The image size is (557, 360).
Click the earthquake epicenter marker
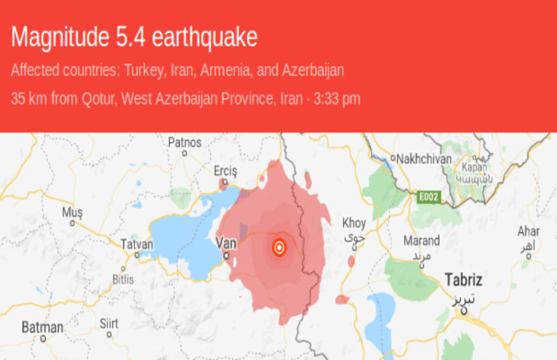point(279,247)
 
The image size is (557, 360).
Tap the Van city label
point(227,243)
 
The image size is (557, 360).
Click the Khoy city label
point(354,224)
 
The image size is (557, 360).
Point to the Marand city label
point(422,241)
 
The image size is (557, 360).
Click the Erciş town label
point(226,171)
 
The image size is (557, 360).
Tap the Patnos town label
point(185,142)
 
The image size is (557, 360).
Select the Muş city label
point(72,212)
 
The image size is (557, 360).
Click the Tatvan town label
point(136,244)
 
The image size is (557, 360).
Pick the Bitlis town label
point(123,279)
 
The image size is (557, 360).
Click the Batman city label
point(42,327)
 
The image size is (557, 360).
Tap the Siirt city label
point(109,324)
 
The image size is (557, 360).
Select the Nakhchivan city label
point(424,158)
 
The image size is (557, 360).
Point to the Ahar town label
point(528,231)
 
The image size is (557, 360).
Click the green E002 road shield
point(427,198)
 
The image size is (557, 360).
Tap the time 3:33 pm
point(337,99)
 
